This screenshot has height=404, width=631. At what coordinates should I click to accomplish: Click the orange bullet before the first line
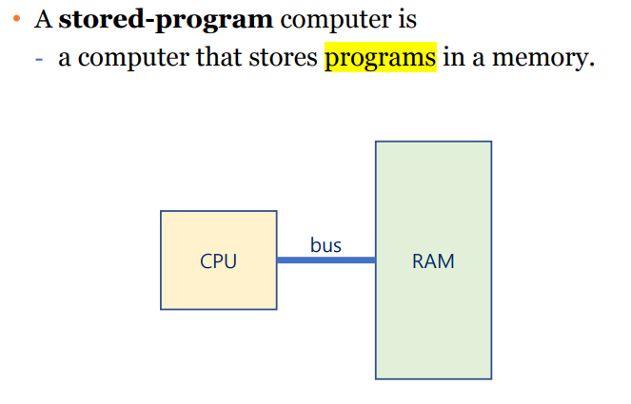pos(16,20)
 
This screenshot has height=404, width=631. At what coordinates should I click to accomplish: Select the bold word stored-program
pos(166,19)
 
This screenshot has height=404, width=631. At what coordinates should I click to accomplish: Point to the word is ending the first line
pos(407,19)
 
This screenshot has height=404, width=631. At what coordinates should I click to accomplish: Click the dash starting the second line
pos(37,59)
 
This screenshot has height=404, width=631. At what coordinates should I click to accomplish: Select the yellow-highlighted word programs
pos(381,58)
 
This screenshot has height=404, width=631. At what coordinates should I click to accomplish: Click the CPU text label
pos(218,261)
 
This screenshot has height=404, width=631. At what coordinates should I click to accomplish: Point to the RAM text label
pos(433,261)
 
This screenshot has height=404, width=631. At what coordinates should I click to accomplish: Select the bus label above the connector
pos(325,245)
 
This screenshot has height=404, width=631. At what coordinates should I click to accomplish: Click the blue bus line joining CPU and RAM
pos(325,260)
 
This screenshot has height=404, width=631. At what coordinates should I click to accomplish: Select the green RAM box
pos(433,314)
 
